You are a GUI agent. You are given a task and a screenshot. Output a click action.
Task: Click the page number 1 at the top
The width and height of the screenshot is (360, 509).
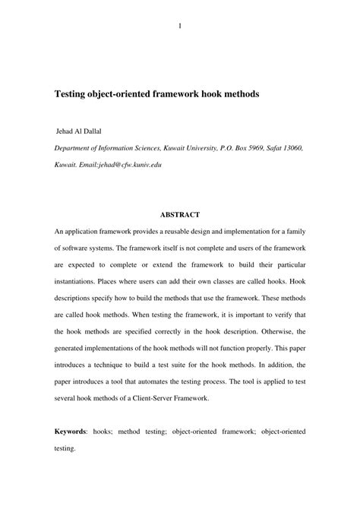click(180, 27)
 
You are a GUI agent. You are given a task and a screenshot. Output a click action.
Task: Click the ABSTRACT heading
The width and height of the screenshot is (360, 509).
click(180, 214)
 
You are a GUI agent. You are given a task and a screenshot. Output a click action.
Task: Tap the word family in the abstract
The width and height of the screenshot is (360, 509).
click(293, 231)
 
